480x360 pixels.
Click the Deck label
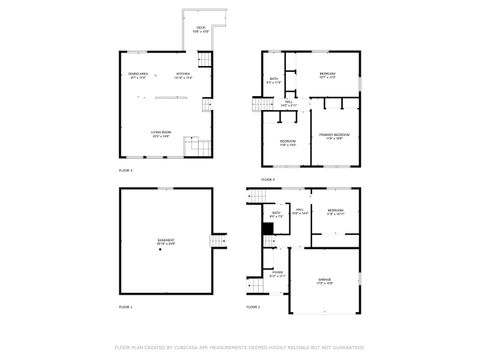201,30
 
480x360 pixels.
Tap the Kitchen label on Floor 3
183,75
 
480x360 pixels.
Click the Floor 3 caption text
125,171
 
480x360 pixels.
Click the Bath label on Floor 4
274,80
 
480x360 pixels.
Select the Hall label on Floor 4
286,102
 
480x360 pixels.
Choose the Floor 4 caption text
268,179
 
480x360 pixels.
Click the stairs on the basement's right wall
215,240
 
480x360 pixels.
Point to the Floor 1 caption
125,306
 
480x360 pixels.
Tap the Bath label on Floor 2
276,212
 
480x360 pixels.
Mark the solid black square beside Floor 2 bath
267,228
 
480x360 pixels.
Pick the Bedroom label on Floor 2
335,212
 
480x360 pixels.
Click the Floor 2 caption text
253,306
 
